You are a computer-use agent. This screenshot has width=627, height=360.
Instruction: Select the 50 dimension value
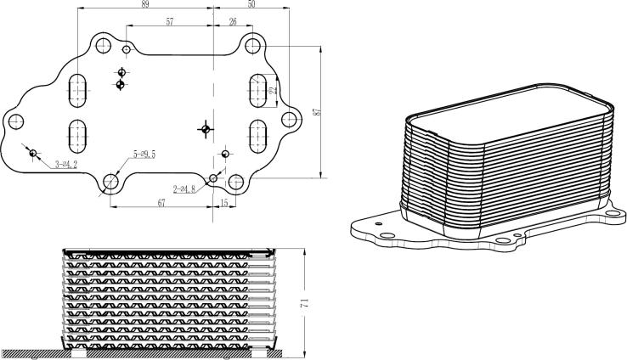[x=251, y=5]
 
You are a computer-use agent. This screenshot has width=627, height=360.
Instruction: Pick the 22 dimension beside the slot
[x=272, y=89]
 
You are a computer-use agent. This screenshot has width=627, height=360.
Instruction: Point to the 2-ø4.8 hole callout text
[x=184, y=188]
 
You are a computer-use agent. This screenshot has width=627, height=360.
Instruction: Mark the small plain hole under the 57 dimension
[x=127, y=49]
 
